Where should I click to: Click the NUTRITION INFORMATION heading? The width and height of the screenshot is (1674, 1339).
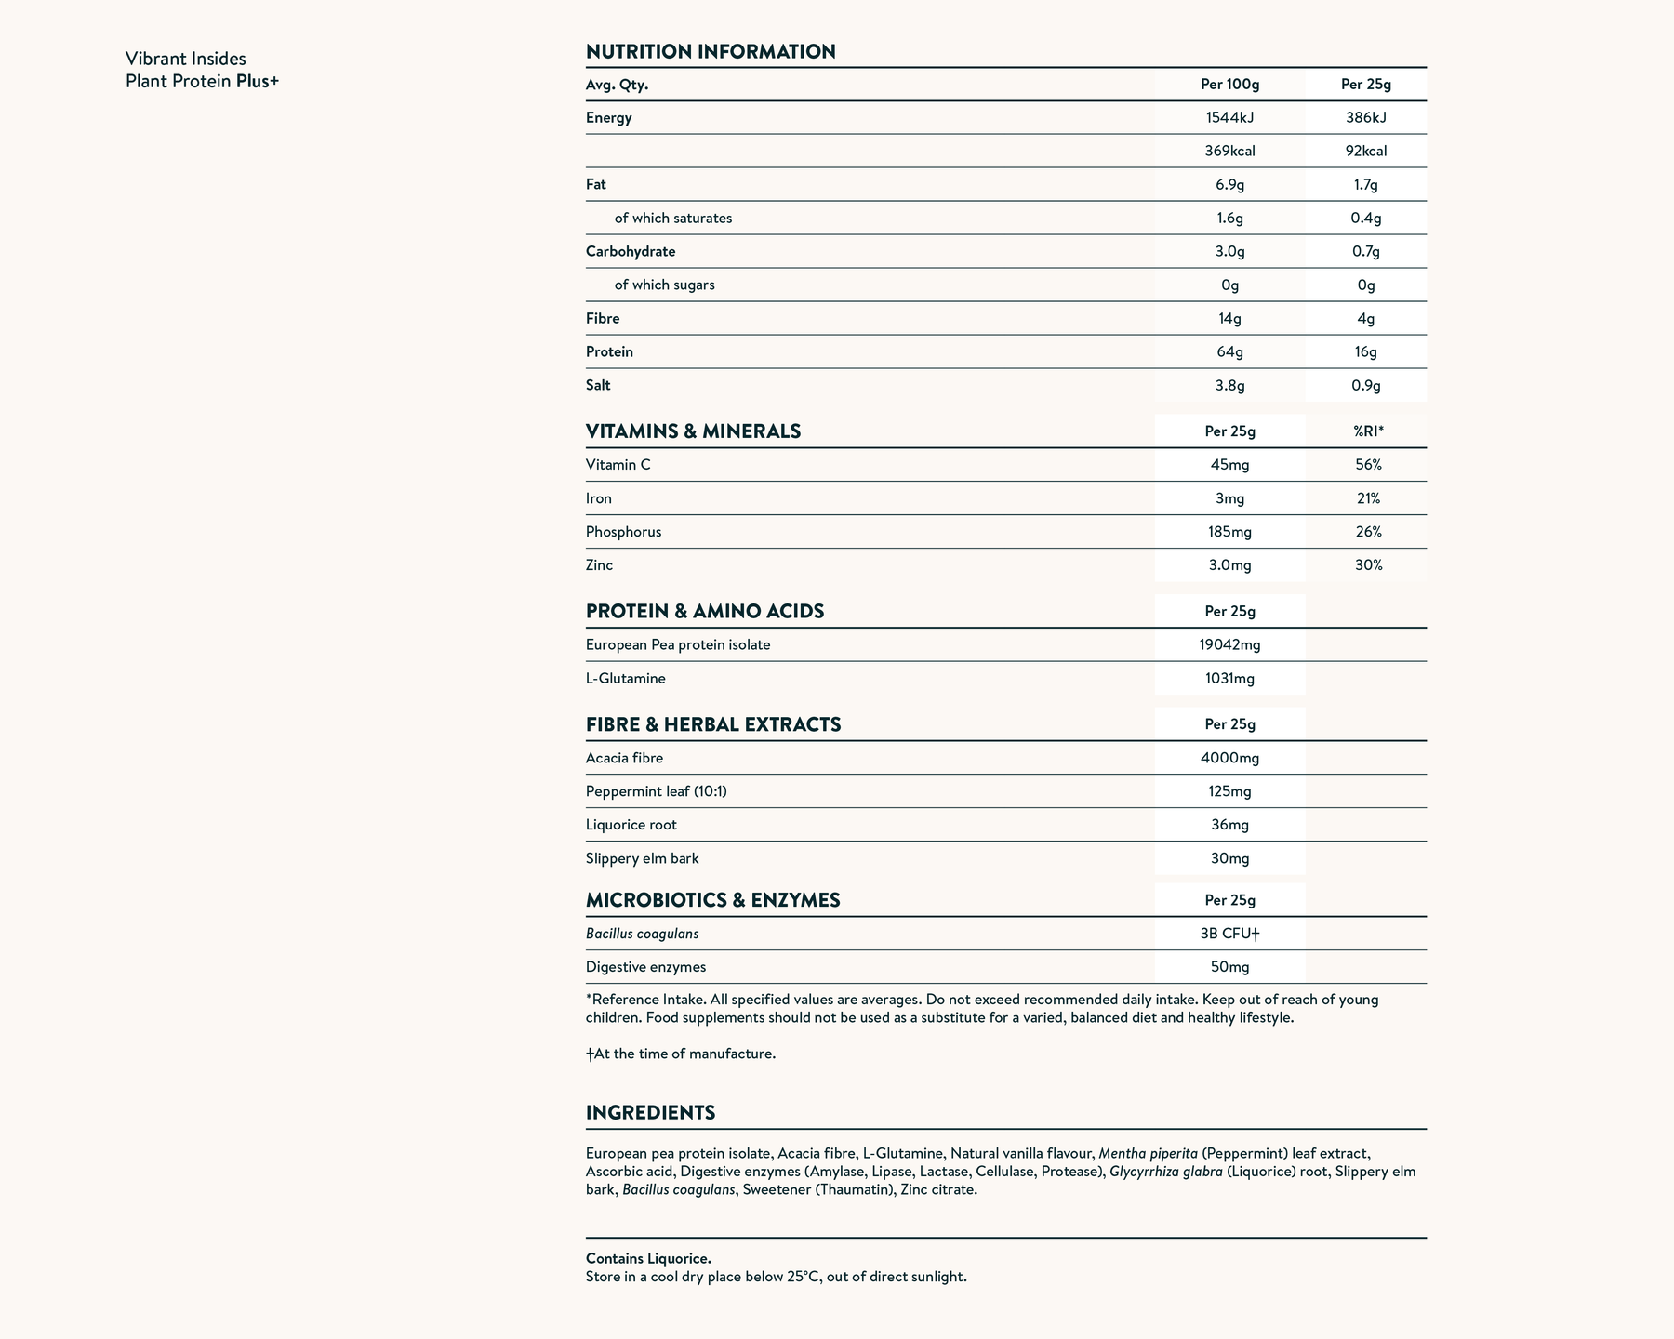[711, 52]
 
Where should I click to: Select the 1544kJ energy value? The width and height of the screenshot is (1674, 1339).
[1229, 118]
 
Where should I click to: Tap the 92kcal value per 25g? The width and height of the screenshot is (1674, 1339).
[1365, 152]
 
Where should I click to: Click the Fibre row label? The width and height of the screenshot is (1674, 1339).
[603, 319]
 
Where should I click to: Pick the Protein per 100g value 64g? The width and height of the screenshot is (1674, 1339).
[1229, 352]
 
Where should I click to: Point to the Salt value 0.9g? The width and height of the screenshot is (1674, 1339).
[1365, 386]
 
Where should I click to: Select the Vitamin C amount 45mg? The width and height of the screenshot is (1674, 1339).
[1229, 465]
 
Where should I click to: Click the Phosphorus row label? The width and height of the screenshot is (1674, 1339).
[623, 532]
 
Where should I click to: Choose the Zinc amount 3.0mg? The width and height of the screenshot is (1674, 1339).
[1229, 565]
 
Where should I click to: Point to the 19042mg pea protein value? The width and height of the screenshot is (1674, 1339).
[1229, 645]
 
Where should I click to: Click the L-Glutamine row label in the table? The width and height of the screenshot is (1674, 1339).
[625, 679]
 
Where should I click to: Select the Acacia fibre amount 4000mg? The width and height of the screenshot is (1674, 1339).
[1229, 758]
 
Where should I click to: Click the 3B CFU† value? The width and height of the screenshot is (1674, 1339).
[1229, 934]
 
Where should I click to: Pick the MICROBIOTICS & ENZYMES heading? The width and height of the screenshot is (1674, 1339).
[712, 900]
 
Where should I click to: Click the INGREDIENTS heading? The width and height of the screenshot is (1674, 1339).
[650, 1113]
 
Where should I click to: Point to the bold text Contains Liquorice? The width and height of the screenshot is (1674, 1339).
[648, 1259]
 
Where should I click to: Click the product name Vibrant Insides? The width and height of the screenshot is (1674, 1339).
[186, 60]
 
